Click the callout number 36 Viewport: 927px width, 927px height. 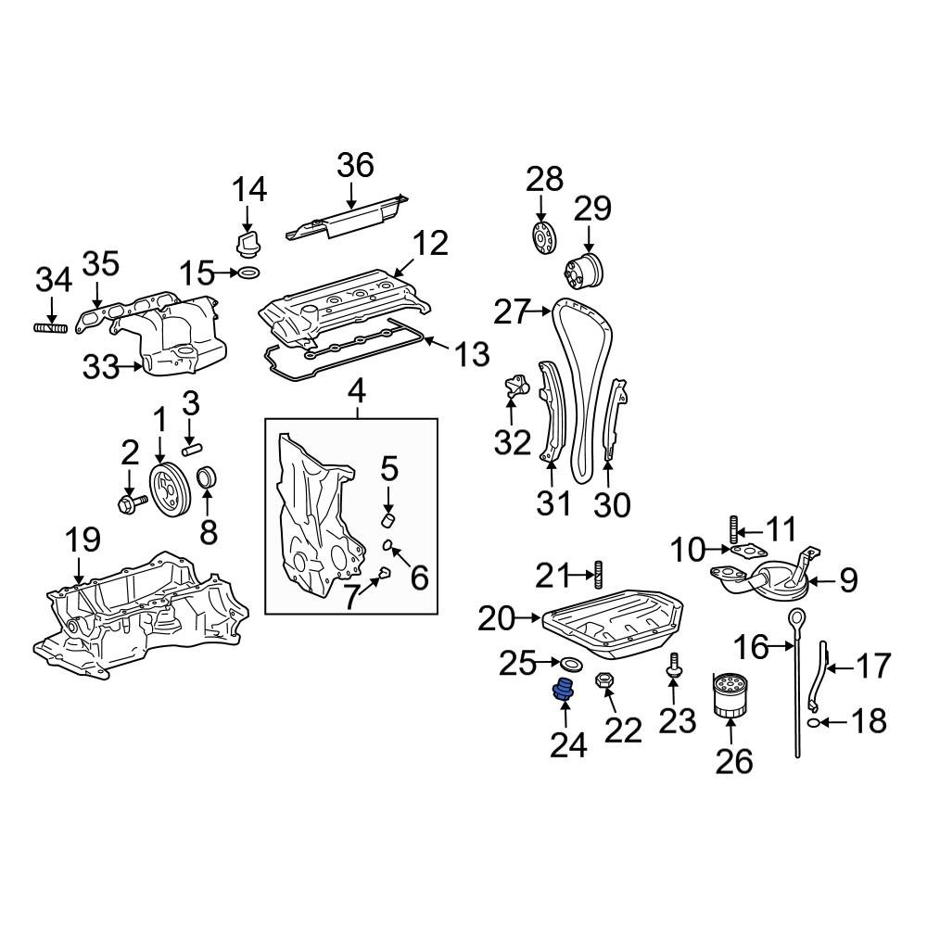click(354, 166)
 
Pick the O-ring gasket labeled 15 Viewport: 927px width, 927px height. click(248, 273)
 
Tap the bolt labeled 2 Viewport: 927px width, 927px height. click(129, 504)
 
